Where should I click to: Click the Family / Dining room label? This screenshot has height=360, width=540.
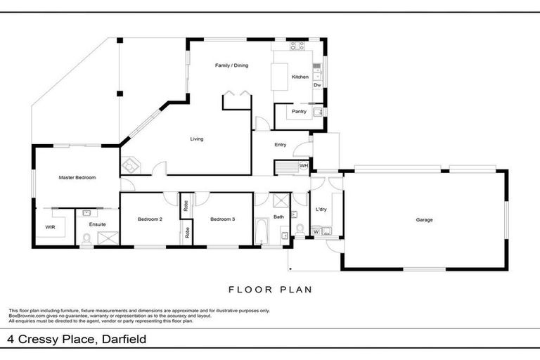(x=231, y=65)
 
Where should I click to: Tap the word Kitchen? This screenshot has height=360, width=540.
(x=300, y=77)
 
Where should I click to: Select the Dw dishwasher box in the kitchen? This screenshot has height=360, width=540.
(x=317, y=85)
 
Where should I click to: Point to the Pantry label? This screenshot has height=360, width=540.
(x=299, y=110)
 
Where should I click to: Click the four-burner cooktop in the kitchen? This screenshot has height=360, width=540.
(x=297, y=46)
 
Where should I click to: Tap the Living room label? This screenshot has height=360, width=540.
(x=197, y=139)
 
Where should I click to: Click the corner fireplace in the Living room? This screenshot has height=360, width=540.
(x=131, y=167)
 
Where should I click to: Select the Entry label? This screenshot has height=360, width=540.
(x=280, y=145)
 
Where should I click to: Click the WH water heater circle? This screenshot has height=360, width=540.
(x=304, y=166)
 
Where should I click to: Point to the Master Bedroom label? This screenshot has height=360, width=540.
(x=77, y=178)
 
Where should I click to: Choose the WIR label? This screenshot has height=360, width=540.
(x=50, y=227)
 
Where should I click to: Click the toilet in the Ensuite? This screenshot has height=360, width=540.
(x=86, y=239)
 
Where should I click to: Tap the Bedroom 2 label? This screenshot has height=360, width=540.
(x=150, y=219)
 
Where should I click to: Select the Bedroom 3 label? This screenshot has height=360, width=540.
(x=222, y=219)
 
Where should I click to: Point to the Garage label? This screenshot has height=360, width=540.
(x=424, y=220)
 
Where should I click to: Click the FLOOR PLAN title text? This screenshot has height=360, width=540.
(x=270, y=289)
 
